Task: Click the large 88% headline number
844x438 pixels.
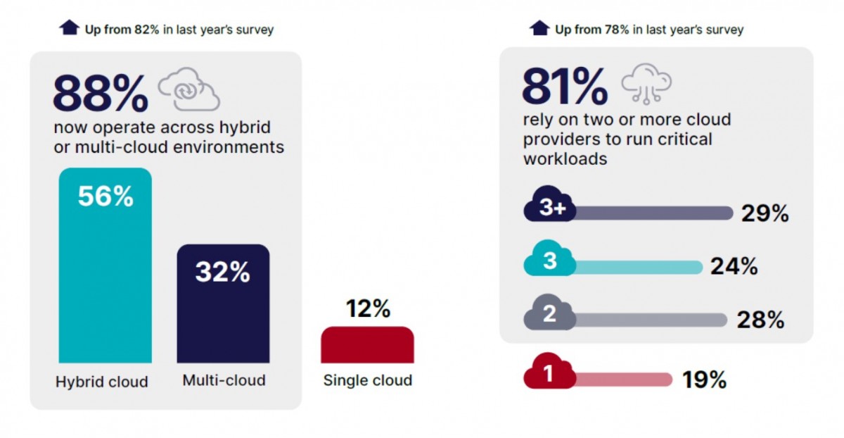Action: (x=101, y=94)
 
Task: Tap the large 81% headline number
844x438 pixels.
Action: (x=564, y=87)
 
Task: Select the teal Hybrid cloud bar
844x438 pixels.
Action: (x=105, y=275)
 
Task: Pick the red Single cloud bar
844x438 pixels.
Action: (x=367, y=345)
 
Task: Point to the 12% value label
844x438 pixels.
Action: (x=368, y=308)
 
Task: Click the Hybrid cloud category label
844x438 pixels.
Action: (x=102, y=382)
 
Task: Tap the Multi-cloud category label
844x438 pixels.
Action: (x=224, y=380)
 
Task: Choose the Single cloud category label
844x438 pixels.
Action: (x=368, y=380)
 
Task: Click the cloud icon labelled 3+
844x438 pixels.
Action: (x=550, y=206)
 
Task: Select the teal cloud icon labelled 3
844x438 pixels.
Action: (x=550, y=261)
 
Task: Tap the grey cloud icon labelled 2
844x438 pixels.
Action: (x=550, y=314)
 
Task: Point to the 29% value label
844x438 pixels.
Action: (x=765, y=213)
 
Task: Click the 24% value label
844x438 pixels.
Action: (x=733, y=266)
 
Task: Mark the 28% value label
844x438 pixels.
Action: (x=760, y=320)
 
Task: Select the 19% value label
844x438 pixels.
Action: (x=704, y=380)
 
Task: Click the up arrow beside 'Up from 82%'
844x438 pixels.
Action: (x=69, y=28)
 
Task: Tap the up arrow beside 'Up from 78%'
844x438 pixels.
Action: (x=539, y=28)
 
